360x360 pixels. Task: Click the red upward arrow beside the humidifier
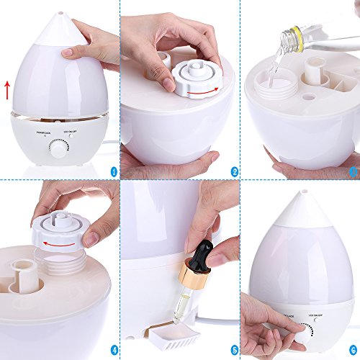[x=6, y=90]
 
